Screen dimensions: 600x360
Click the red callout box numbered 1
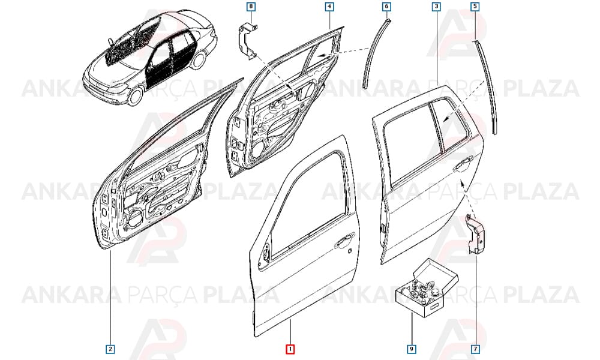[x=290, y=349]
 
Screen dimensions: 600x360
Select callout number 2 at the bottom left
[x=110, y=349]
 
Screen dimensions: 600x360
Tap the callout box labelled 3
[x=437, y=7]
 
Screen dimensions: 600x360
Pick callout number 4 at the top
[x=329, y=7]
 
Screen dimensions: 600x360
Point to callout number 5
[x=475, y=7]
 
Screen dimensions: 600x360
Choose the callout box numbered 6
[x=386, y=7]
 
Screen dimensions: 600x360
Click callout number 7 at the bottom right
[x=475, y=349]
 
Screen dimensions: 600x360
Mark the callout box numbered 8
[x=251, y=7]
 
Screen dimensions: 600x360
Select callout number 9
[x=412, y=349]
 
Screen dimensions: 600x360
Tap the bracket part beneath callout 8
[x=248, y=41]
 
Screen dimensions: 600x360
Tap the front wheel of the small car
[x=134, y=96]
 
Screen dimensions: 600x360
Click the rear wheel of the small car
[x=199, y=59]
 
